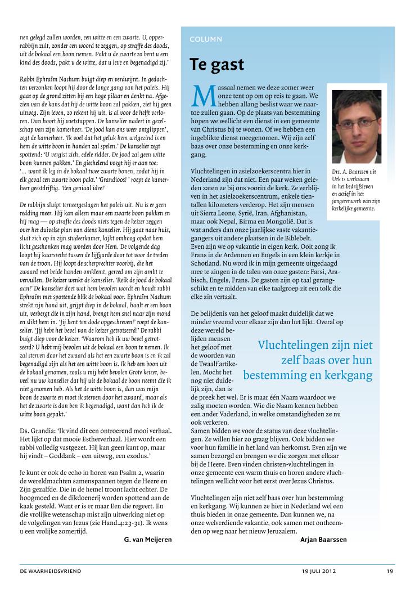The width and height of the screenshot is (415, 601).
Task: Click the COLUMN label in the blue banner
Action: (205, 39)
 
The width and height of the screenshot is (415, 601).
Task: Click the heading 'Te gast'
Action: (216, 64)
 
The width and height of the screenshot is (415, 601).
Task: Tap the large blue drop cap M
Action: (201, 96)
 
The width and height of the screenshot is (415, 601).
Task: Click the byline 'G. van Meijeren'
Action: (147, 539)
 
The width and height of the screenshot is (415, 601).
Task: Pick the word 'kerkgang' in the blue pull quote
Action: (348, 374)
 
